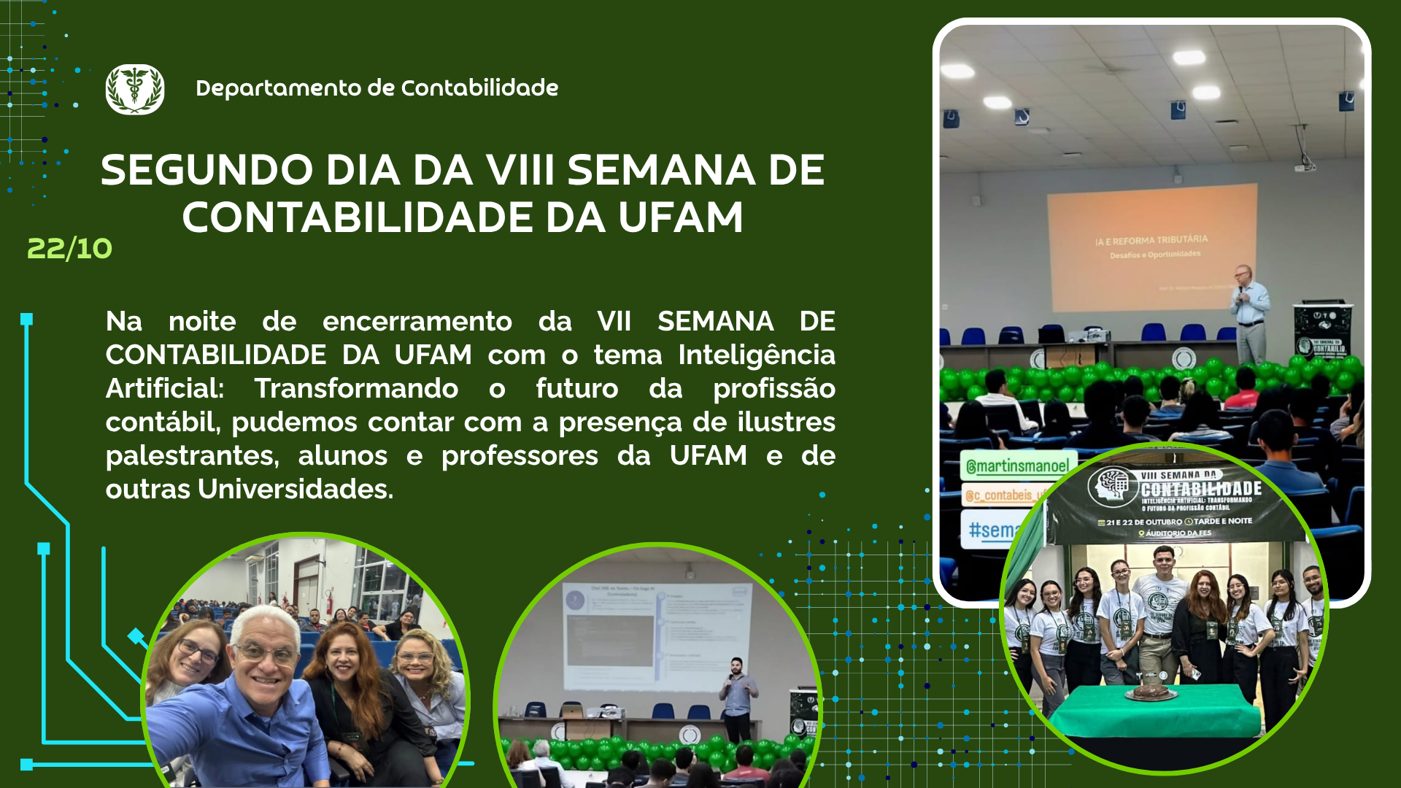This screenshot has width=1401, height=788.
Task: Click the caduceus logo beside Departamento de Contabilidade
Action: point(135,89)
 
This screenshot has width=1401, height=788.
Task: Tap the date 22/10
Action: point(69,249)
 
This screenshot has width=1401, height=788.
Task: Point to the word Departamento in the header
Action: point(279,88)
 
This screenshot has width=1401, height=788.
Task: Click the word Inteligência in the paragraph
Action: point(756,355)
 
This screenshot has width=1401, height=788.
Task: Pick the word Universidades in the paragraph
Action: point(296,489)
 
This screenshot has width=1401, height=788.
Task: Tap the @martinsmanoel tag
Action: point(1017,466)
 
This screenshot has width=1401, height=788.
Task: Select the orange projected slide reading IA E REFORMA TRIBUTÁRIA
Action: point(1151,247)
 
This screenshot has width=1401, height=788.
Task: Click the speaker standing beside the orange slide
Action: point(1249,314)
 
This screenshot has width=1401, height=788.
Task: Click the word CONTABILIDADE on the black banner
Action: point(1201,489)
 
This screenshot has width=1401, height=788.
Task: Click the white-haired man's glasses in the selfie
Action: point(266,653)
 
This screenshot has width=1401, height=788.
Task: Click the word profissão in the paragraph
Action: point(773,389)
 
